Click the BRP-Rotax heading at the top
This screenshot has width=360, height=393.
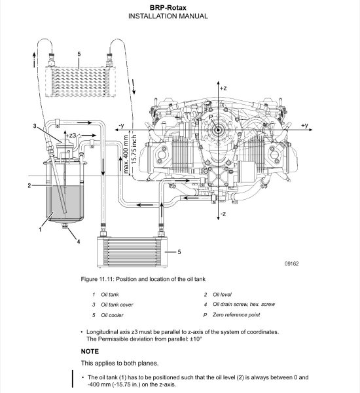click(x=168, y=7)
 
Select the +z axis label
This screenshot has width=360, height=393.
click(x=223, y=88)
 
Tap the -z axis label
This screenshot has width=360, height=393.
click(x=223, y=214)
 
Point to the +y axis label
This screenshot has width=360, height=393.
click(x=304, y=125)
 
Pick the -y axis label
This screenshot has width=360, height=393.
click(x=121, y=125)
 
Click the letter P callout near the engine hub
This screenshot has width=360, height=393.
click(x=211, y=117)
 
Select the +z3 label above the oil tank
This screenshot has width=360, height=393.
click(x=71, y=136)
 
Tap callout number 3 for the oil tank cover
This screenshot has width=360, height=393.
click(x=35, y=126)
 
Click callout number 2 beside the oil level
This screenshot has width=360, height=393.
click(x=29, y=186)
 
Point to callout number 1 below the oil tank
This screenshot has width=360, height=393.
click(x=40, y=229)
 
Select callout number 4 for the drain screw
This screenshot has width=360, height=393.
click(x=79, y=242)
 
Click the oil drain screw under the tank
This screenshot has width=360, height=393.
click(x=65, y=226)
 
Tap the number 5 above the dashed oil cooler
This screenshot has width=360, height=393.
click(x=79, y=54)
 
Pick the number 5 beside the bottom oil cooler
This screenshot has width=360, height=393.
click(x=179, y=252)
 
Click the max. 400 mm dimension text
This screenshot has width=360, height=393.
click(x=126, y=155)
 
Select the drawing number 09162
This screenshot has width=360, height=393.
click(x=292, y=264)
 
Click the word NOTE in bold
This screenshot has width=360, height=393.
click(x=90, y=351)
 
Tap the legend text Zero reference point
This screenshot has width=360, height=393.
click(x=236, y=315)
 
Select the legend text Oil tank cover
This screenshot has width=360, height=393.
click(x=117, y=305)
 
